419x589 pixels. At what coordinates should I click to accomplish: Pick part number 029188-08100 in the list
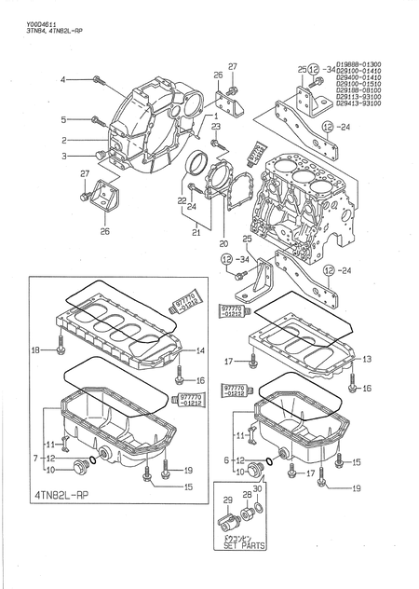358,90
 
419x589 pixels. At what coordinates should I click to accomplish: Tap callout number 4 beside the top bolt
64,81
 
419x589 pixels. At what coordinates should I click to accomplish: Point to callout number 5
64,119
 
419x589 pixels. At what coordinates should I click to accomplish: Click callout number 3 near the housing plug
64,157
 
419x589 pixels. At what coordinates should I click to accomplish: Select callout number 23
215,126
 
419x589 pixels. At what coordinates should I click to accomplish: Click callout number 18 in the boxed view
34,349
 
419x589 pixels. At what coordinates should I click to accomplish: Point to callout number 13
367,359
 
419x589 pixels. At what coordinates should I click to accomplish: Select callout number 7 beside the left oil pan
34,459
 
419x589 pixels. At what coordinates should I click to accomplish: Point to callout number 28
248,495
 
